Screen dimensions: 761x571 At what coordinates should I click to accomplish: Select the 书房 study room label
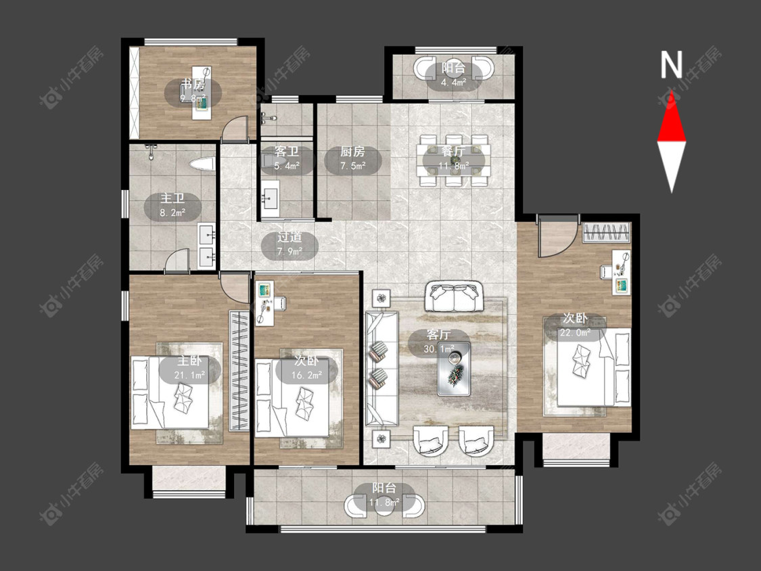[x=193, y=85]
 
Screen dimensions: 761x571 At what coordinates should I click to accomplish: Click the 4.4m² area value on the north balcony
[x=453, y=82]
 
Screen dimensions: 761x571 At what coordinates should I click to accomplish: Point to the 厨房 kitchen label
[x=352, y=152]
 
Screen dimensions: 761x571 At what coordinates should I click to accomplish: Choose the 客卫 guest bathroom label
[x=286, y=152]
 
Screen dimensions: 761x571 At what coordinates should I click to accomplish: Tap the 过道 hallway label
[x=290, y=237]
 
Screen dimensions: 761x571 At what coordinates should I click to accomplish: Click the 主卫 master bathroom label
[x=172, y=199]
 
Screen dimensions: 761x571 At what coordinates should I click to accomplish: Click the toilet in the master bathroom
[x=202, y=164]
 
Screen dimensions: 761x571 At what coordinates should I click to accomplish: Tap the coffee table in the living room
[x=454, y=369]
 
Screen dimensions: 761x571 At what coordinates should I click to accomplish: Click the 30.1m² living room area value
[x=439, y=349]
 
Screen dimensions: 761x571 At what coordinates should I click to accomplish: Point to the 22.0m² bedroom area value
[x=575, y=333]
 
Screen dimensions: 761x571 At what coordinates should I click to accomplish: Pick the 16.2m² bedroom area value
[x=306, y=375]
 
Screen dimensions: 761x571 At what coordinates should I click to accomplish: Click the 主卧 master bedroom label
[x=189, y=361]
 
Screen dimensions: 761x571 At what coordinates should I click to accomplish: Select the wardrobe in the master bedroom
[x=239, y=371]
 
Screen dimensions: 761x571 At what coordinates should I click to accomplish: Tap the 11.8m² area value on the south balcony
[x=384, y=502]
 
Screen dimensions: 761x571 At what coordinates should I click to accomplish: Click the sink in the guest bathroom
[x=270, y=199]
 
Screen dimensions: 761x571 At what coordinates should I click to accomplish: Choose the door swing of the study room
[x=235, y=130]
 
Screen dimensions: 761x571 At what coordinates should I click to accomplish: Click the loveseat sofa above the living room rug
[x=454, y=296]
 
